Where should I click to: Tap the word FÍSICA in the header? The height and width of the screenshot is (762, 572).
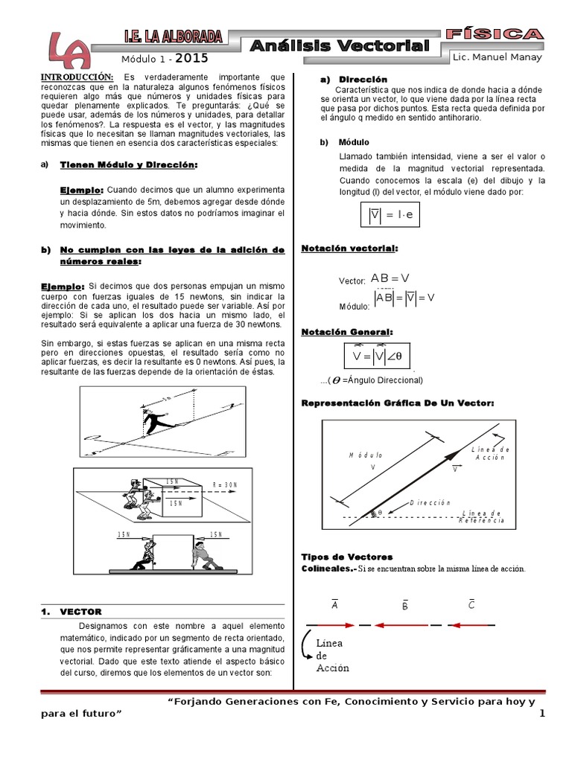pyautogui.click(x=494, y=34)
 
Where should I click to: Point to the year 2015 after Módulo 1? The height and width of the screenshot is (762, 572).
pyautogui.click(x=192, y=58)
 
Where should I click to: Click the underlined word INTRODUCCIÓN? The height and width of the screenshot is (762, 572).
pyautogui.click(x=77, y=77)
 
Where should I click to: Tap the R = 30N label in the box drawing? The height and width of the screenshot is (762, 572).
pyautogui.click(x=224, y=484)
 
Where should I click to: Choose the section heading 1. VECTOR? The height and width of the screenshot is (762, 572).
pyautogui.click(x=71, y=611)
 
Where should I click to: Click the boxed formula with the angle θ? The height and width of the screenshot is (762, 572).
pyautogui.click(x=377, y=356)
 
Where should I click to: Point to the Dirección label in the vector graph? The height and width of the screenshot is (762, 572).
pyautogui.click(x=430, y=503)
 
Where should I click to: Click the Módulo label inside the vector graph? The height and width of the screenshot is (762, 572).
pyautogui.click(x=366, y=455)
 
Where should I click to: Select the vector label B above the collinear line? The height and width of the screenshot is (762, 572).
pyautogui.click(x=404, y=606)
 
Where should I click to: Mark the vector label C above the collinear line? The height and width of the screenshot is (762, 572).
pyautogui.click(x=471, y=604)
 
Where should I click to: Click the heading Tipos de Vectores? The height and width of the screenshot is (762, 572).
pyautogui.click(x=346, y=557)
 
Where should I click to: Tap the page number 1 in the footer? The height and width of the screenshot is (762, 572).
pyautogui.click(x=542, y=714)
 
